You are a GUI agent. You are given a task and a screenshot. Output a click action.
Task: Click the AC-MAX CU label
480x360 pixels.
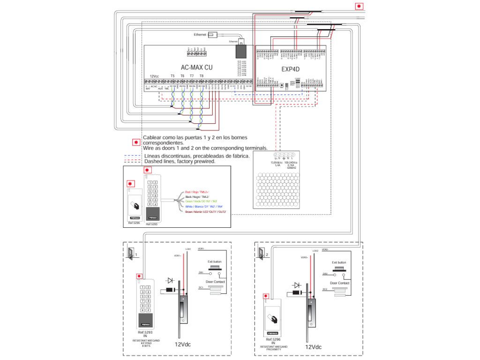click(x=196, y=67)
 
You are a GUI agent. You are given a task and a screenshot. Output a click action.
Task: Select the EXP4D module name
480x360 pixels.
click(x=290, y=69)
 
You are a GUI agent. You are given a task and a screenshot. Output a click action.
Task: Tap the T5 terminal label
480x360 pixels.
click(x=172, y=76)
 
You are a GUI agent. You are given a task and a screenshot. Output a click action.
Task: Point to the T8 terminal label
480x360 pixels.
click(x=202, y=76)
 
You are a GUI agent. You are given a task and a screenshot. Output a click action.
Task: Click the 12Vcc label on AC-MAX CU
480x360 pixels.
click(x=154, y=76)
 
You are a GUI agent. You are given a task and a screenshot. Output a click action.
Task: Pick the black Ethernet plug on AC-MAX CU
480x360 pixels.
click(x=242, y=50)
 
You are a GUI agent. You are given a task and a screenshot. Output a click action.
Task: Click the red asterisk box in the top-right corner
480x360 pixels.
click(x=359, y=6)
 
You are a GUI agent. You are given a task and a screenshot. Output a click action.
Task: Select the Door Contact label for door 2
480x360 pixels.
click(x=339, y=283)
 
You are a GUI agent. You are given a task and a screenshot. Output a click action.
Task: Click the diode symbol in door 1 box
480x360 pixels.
click(x=170, y=280)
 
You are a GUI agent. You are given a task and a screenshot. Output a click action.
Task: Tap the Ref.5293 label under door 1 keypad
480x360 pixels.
click(x=147, y=332)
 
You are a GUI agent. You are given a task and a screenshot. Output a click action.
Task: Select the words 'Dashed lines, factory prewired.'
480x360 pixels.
click(x=180, y=161)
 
